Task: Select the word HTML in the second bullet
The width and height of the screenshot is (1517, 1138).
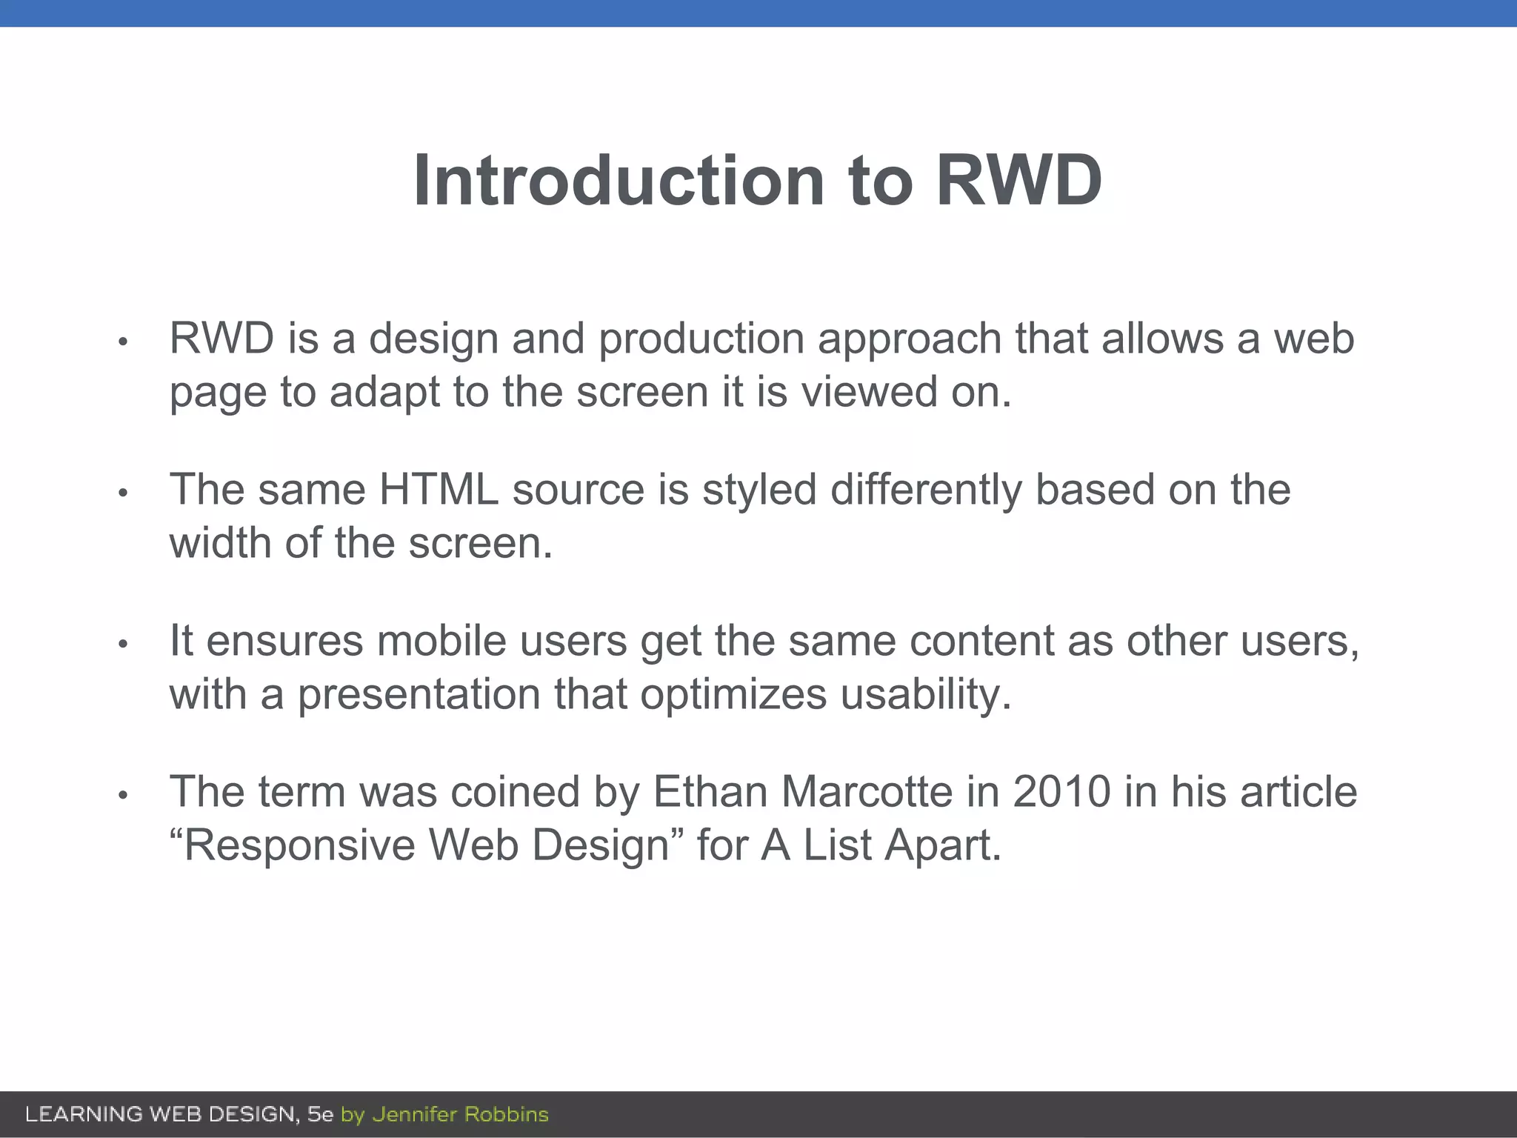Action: coord(439,490)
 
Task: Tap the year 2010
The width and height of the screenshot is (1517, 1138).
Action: coord(1061,791)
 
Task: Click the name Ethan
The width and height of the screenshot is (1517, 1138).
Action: coord(710,791)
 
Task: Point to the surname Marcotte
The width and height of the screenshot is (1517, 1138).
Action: coord(867,791)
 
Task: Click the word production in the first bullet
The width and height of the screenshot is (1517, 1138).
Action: coord(701,339)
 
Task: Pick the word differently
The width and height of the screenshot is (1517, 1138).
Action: coord(926,491)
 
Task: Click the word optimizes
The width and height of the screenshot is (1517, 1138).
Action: coord(733,696)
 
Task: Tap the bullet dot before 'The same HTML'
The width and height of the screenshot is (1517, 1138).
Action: coord(124,493)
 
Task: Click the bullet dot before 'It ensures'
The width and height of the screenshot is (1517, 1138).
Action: coord(124,644)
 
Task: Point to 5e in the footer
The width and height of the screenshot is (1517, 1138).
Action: coord(320,1114)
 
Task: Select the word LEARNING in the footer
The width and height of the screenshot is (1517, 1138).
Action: coord(84,1114)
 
